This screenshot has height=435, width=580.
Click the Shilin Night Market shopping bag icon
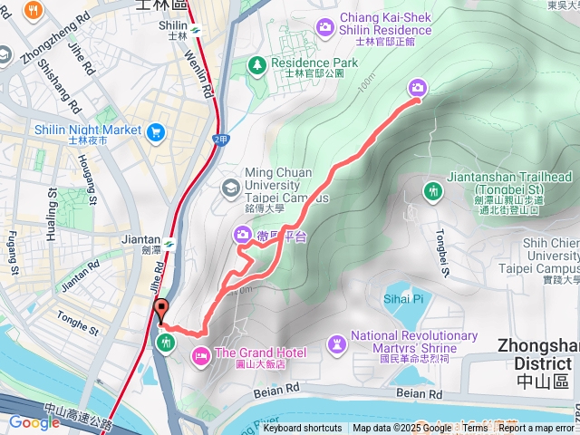point(155,130)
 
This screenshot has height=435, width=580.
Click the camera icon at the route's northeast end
point(417,87)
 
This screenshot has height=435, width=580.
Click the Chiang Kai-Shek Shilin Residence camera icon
point(325,26)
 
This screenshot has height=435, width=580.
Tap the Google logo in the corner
point(34,422)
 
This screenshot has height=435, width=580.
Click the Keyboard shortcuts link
point(302,429)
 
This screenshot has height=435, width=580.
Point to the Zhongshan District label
point(538,354)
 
